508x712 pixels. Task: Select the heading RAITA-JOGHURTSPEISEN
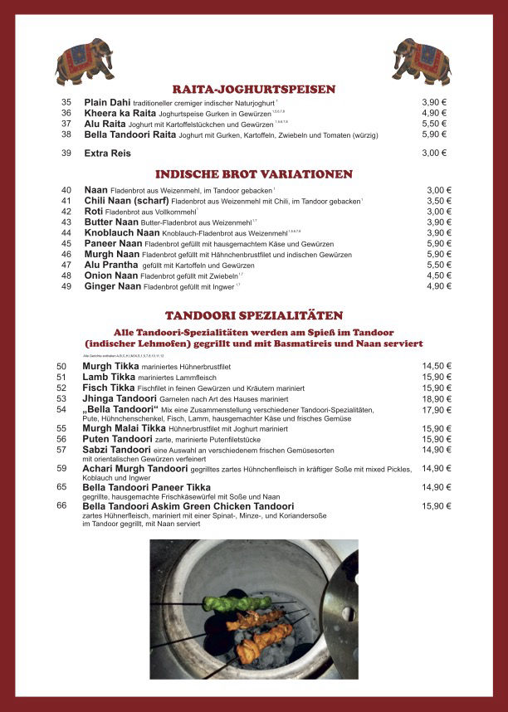pos(254,89)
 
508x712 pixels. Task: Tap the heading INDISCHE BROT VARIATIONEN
pos(254,174)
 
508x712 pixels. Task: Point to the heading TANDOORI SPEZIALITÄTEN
pos(254,315)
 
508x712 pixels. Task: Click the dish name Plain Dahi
pos(107,102)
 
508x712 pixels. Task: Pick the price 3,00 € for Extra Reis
pos(434,153)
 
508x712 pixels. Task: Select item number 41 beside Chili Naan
pos(66,201)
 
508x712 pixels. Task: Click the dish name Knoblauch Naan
pos(122,233)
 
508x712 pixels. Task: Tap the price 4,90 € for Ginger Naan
pos(439,286)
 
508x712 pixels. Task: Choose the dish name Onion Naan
pos(111,276)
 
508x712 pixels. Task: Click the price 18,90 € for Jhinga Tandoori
pos(437,398)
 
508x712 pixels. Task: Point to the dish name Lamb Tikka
pos(109,377)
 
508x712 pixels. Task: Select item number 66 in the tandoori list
pos(61,505)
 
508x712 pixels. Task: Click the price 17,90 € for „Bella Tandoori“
pos(437,409)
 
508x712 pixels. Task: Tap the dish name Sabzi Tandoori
pos(117,450)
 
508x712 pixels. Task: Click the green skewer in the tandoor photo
pos(237,602)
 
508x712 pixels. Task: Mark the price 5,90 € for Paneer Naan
pos(439,244)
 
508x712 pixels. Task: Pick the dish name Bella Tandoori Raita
pos(130,134)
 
